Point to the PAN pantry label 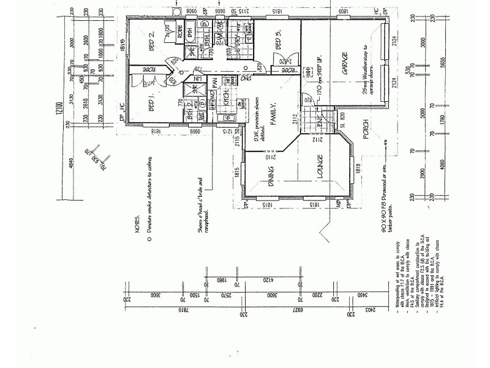[214, 82]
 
